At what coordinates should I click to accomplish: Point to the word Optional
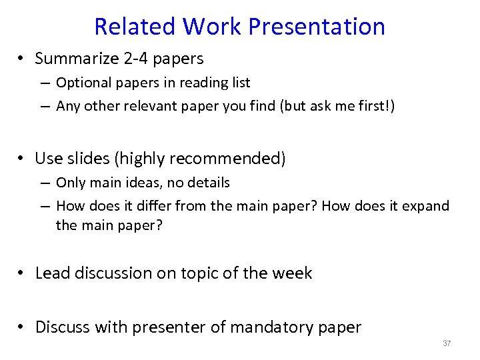(x=82, y=83)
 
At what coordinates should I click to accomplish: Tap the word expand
(x=426, y=206)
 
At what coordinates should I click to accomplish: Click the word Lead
(x=51, y=273)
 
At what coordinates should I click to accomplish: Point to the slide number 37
(x=447, y=344)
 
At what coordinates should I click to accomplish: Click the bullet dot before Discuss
(x=22, y=327)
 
